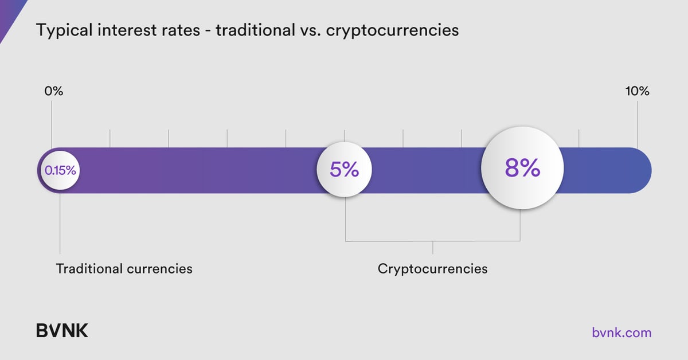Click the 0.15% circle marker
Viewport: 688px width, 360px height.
tap(60, 170)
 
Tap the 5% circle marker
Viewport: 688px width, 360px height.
tap(345, 170)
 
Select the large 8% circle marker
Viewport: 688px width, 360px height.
tap(522, 168)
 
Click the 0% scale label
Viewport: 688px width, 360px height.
tap(53, 91)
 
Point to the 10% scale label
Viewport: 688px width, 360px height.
tap(637, 91)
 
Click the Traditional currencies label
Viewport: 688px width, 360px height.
tap(124, 268)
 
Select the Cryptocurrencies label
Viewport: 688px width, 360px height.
tap(432, 268)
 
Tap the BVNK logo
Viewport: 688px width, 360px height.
tap(62, 331)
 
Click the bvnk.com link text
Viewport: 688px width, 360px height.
tap(621, 332)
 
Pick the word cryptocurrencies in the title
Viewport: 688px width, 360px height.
tap(392, 30)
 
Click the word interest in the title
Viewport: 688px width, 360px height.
tap(120, 30)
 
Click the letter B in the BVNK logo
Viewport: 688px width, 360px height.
tap(42, 331)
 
